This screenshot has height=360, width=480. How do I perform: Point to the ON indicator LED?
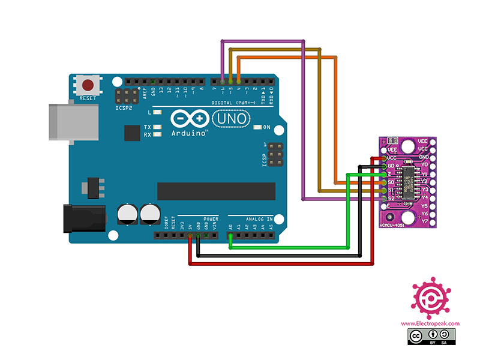pos(257,127)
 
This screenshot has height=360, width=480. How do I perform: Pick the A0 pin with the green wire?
pos(230,236)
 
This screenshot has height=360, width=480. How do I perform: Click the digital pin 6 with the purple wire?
pos(223,80)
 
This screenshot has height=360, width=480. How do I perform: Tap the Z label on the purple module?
pos(390,173)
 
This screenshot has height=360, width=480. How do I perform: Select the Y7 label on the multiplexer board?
pos(424,221)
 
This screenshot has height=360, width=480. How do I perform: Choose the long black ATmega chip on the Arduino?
pos(215,192)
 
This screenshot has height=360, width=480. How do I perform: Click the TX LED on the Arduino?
pos(157,127)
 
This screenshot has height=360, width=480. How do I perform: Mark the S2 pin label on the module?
pos(391,198)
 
